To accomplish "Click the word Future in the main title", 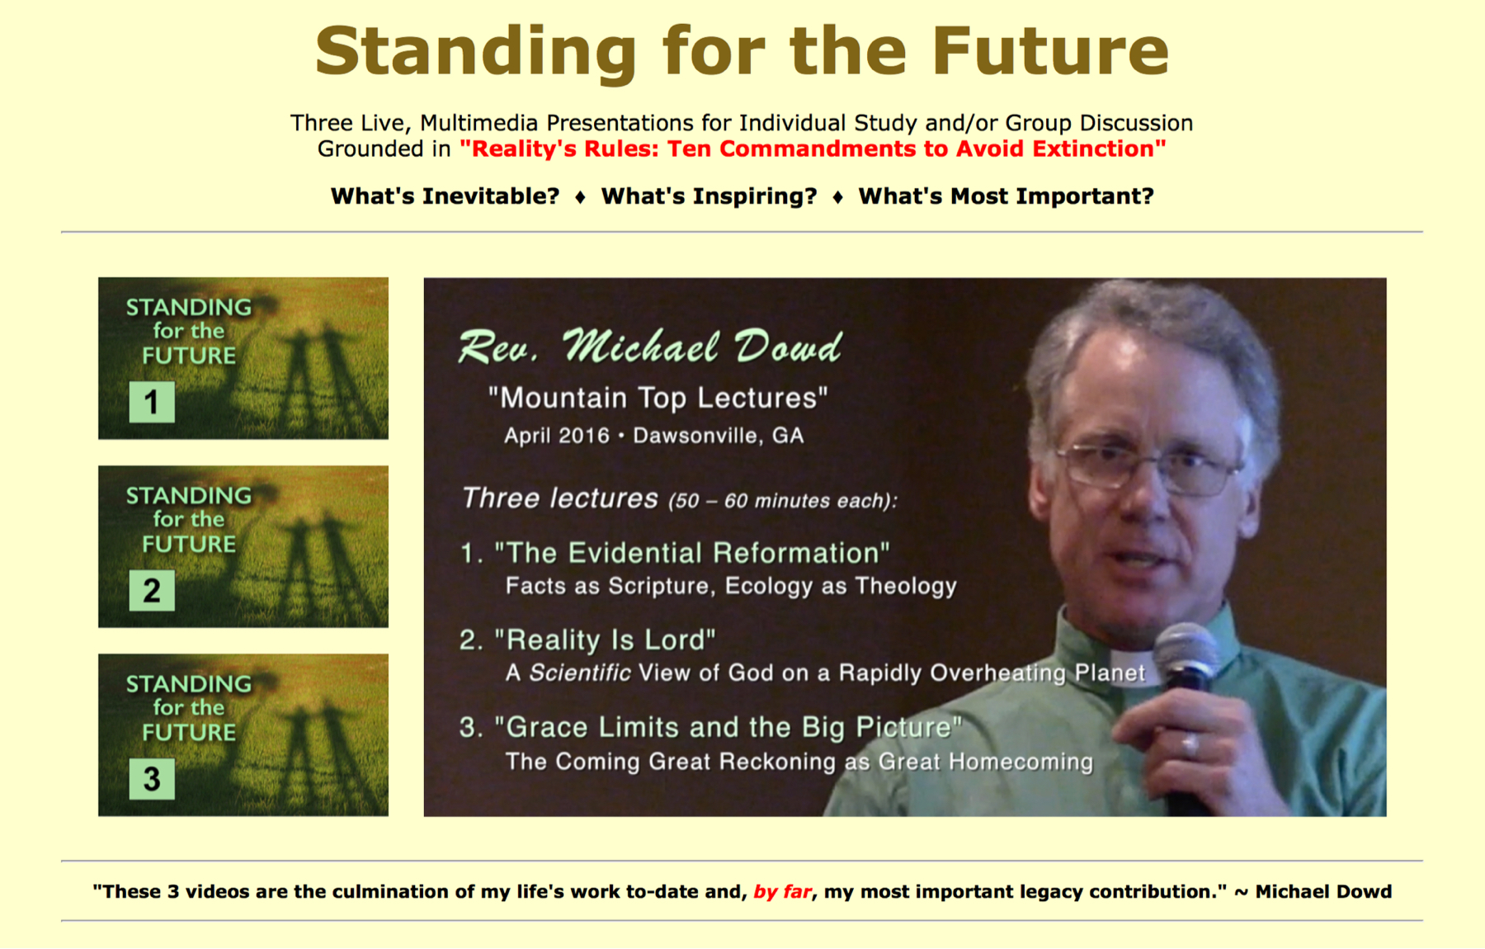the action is tap(1051, 50).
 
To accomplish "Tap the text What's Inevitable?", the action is tap(445, 196).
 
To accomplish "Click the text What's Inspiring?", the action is tap(709, 196).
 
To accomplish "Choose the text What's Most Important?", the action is tap(1006, 196).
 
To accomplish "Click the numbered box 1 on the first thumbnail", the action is tap(152, 402).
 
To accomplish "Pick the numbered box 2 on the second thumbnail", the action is tap(152, 590).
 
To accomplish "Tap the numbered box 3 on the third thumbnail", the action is tap(152, 779).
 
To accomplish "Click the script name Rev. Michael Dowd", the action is tap(650, 347).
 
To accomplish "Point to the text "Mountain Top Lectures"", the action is tap(658, 399).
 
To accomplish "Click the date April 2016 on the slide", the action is tap(557, 436).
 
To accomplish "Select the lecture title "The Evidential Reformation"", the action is tap(692, 553).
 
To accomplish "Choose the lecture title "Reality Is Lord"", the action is tap(605, 640).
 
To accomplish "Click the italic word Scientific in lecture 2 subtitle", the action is tap(580, 673).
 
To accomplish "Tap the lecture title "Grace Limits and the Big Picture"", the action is tap(728, 727).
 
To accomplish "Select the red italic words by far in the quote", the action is tap(782, 892).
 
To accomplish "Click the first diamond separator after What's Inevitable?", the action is tap(580, 197).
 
